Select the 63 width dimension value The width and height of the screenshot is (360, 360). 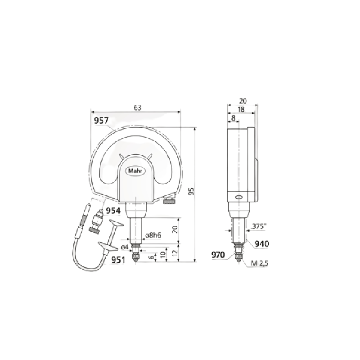(138, 108)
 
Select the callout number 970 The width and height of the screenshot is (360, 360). (219, 255)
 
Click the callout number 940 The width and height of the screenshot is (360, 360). (261, 244)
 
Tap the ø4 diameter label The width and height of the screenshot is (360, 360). (126, 247)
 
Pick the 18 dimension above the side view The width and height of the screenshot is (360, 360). (241, 109)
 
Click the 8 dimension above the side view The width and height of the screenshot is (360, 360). (233, 117)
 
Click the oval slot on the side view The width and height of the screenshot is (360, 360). (238, 197)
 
